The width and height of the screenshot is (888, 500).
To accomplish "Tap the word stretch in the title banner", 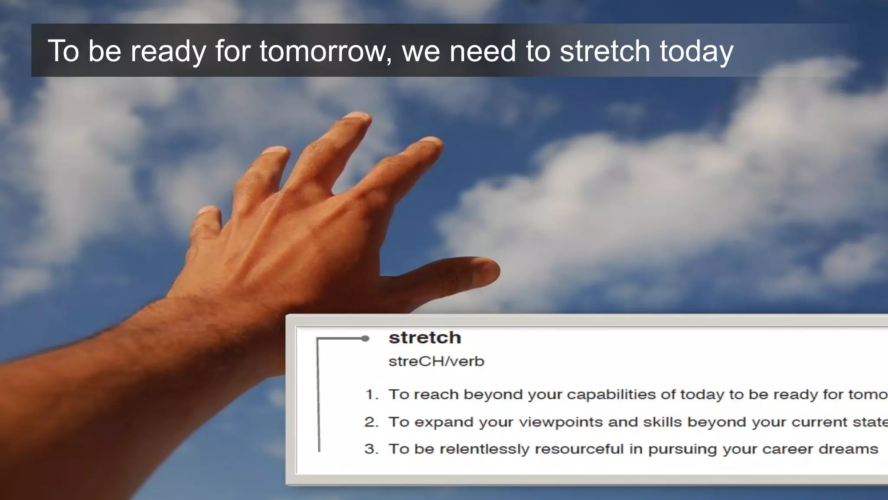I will pyautogui.click(x=605, y=51).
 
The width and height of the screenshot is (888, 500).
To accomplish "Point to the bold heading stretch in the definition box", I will pyautogui.click(x=424, y=338).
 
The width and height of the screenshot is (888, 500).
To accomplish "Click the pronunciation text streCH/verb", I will pyautogui.click(x=436, y=361).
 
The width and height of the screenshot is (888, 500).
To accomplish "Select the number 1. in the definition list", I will pyautogui.click(x=372, y=395).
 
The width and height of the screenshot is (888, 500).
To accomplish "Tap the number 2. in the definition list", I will pyautogui.click(x=372, y=422).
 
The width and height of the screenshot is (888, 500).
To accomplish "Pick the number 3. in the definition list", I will pyautogui.click(x=372, y=449).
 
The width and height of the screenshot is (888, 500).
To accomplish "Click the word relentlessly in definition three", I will pyautogui.click(x=484, y=449).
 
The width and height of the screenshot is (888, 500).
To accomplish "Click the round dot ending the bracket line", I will pyautogui.click(x=365, y=339).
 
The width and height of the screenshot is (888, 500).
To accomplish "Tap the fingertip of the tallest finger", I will pyautogui.click(x=358, y=117).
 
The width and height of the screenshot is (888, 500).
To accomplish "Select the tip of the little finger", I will pyautogui.click(x=206, y=212).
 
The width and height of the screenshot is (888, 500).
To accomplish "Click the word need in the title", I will pyautogui.click(x=483, y=51).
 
